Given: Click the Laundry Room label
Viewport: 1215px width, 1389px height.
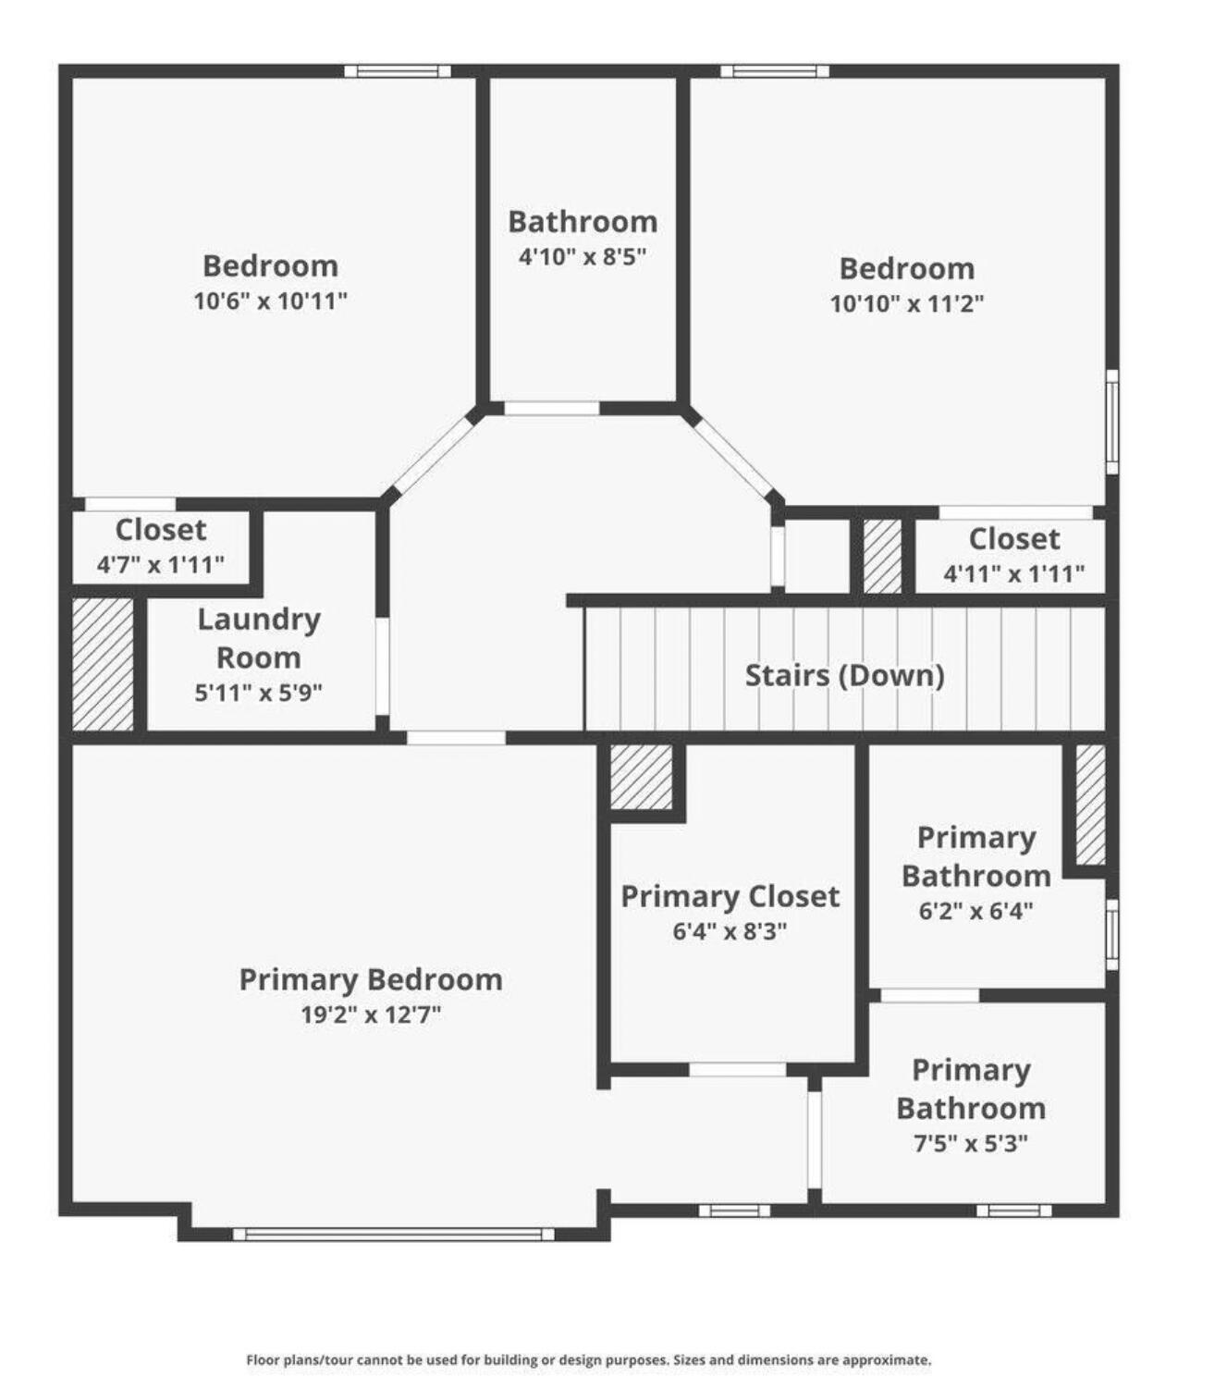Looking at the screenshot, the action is pyautogui.click(x=259, y=638).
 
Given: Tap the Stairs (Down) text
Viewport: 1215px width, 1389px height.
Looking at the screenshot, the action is pyautogui.click(x=844, y=675).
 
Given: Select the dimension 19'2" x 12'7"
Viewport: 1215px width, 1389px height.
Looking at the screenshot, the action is pyautogui.click(x=372, y=1014).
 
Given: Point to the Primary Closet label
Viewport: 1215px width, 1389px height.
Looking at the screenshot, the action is pyautogui.click(x=730, y=896).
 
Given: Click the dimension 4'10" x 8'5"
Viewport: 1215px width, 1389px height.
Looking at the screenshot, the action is pyautogui.click(x=583, y=256).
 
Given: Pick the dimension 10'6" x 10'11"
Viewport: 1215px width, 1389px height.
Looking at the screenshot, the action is pyautogui.click(x=270, y=300).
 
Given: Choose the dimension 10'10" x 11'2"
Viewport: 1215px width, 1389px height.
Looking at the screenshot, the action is pyautogui.click(x=907, y=302).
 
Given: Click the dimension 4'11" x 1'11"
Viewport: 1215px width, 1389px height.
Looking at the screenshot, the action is pyautogui.click(x=1013, y=573).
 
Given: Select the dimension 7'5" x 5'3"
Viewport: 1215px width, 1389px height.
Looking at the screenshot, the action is pyautogui.click(x=971, y=1143).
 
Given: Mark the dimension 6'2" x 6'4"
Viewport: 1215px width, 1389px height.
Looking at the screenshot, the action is pyautogui.click(x=976, y=910).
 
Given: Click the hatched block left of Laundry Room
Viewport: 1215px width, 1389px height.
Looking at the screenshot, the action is pyautogui.click(x=103, y=664).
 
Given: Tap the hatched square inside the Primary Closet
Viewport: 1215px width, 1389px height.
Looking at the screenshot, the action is pyautogui.click(x=642, y=777).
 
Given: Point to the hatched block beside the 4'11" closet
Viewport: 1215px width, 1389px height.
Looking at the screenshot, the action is pyautogui.click(x=882, y=556).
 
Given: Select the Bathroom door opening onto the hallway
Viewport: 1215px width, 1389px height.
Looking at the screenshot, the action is pyautogui.click(x=552, y=408).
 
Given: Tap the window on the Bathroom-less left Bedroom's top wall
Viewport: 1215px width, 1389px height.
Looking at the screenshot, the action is pyautogui.click(x=397, y=71).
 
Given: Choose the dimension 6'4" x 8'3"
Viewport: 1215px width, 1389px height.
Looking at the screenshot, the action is pyautogui.click(x=730, y=930).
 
